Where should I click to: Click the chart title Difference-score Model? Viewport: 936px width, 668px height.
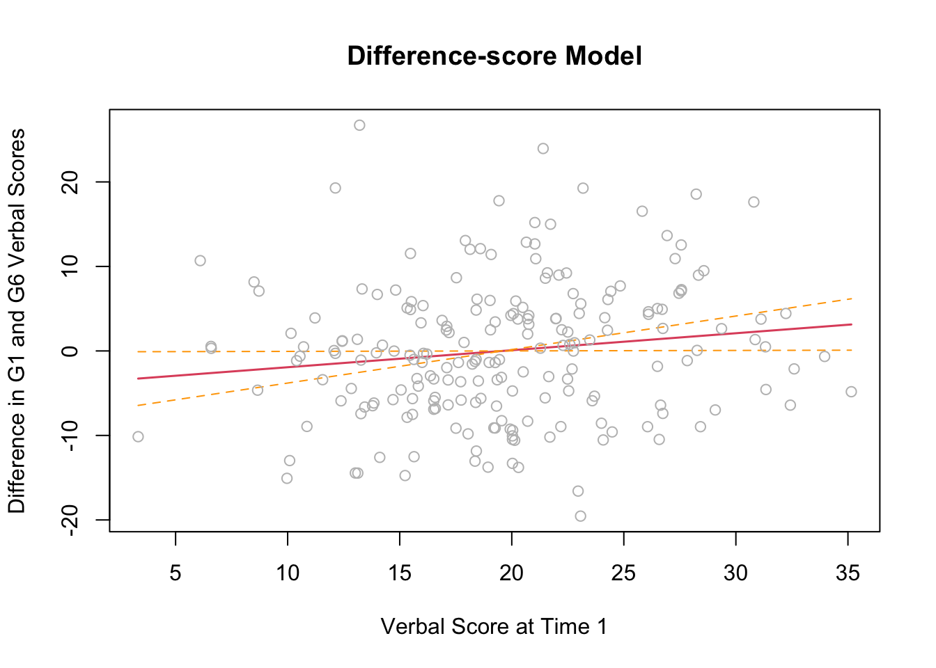pos(494,56)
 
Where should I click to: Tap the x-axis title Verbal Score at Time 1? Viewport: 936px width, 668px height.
pos(494,626)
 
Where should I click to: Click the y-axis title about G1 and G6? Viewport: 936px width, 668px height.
pos(17,321)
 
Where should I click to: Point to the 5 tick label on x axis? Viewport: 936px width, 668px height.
pos(175,573)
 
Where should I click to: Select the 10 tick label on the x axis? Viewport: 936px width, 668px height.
pos(288,573)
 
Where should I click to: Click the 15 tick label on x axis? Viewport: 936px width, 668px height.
pos(400,573)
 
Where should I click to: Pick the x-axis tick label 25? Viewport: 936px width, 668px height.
pos(623,573)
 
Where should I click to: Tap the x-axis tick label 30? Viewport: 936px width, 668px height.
pos(735,573)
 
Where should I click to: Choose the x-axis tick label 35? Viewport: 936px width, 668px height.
pos(848,573)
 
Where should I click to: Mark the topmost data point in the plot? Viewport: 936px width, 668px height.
pos(359,125)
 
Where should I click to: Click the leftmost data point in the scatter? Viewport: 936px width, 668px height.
pos(138,436)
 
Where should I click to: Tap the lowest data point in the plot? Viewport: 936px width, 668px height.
pos(580,516)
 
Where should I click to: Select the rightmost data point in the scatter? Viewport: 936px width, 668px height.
pos(851,392)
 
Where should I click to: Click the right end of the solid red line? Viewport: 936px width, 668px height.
pos(852,324)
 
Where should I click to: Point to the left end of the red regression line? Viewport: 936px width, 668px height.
pos(138,379)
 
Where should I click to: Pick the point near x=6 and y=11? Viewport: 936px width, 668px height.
pos(200,260)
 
